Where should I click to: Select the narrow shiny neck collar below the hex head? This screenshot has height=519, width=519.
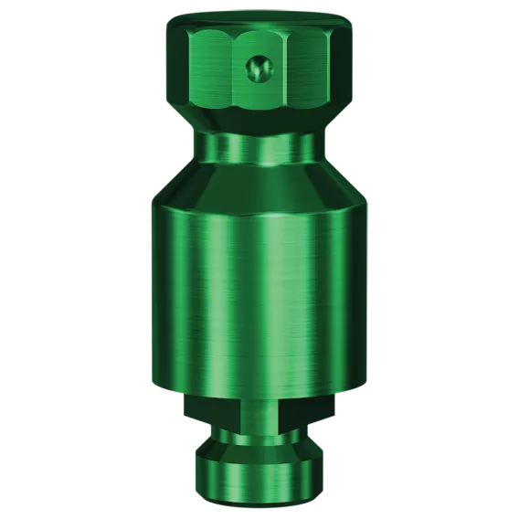(259, 148)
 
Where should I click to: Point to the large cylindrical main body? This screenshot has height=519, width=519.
(259, 292)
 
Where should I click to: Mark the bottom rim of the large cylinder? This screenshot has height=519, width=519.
(259, 391)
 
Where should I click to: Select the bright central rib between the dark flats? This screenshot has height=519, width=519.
(259, 413)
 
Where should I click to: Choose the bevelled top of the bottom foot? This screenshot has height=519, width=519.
(259, 450)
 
